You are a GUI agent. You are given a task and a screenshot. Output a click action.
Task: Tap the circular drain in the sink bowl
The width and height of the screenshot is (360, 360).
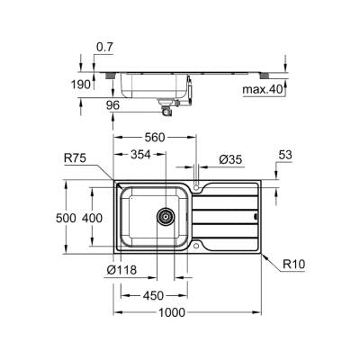[x=166, y=216]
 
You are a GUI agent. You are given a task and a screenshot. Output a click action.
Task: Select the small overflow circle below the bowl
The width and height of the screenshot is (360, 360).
[x=196, y=244]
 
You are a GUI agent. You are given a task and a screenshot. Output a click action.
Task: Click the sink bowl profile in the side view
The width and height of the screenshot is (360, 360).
[x=153, y=87]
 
